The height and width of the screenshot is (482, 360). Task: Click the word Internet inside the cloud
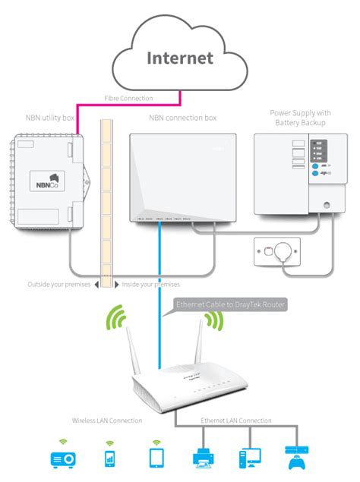180,57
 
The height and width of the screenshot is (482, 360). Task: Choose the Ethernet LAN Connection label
236,420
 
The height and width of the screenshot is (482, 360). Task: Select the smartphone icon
109,458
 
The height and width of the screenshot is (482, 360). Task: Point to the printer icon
204,456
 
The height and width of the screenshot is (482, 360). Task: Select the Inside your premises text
147,284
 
